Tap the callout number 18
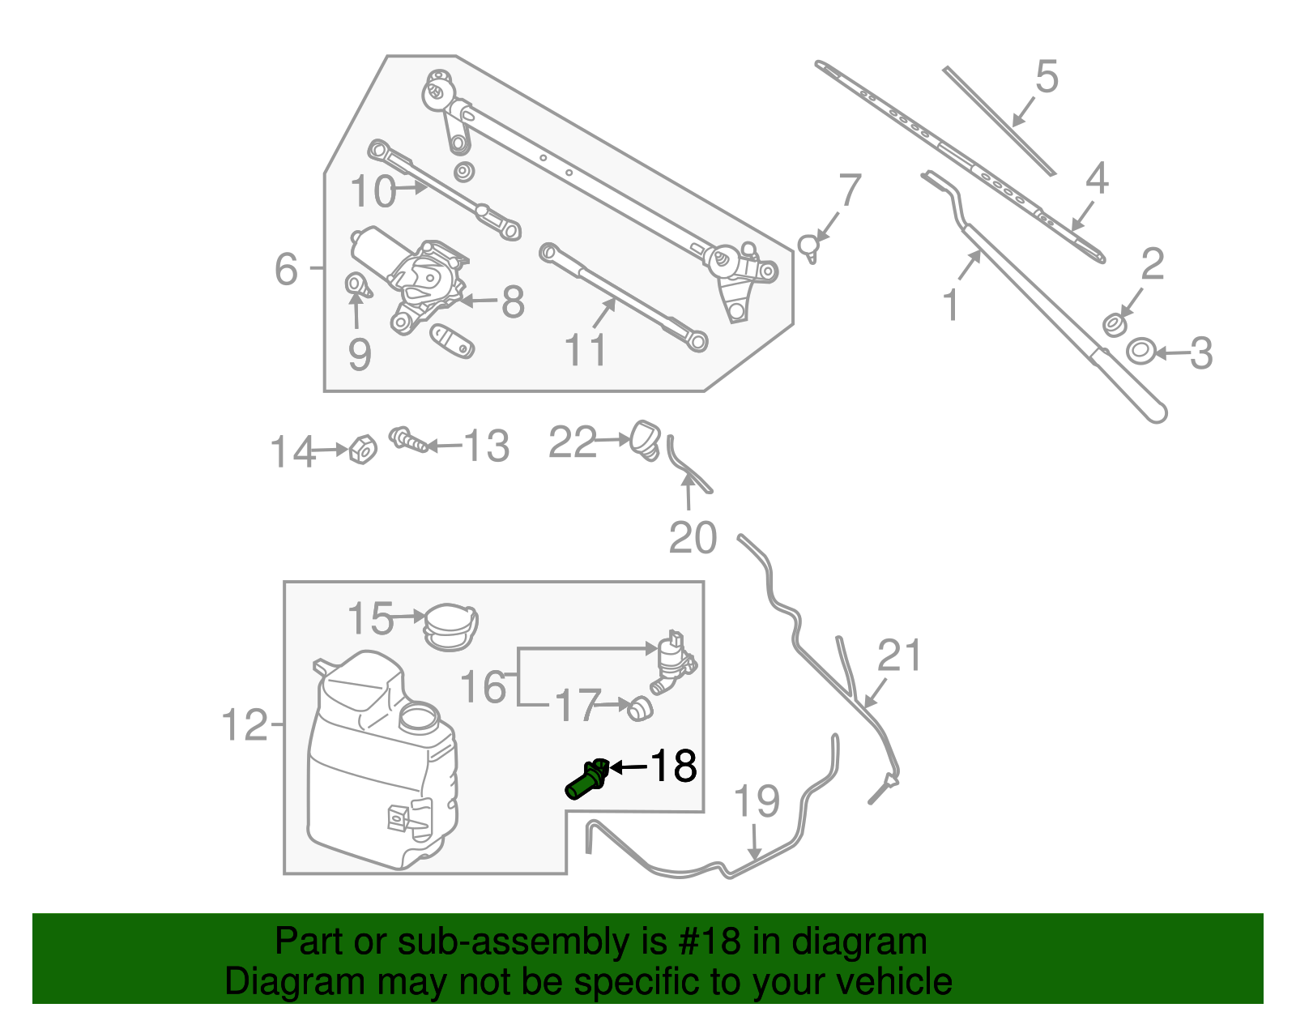673,766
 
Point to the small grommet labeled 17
640,709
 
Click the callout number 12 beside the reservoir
244,724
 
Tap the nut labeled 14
362,449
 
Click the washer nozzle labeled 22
646,438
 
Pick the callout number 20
693,538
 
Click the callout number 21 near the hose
900,655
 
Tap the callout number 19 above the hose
756,801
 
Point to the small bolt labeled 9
356,285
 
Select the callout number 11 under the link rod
585,351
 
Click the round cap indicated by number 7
809,245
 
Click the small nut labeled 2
1115,325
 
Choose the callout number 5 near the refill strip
1047,77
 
